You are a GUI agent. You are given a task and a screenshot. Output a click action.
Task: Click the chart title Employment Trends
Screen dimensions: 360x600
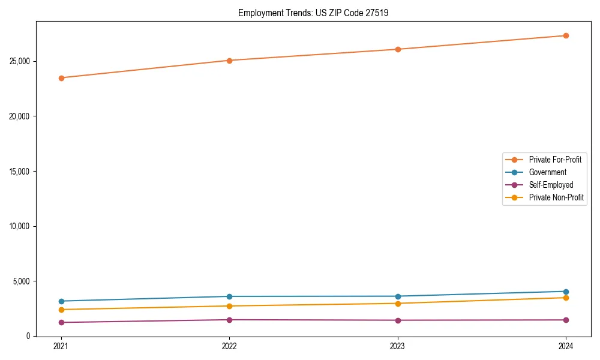pos(313,13)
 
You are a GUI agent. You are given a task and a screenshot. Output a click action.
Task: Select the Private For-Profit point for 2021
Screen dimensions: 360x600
pos(61,78)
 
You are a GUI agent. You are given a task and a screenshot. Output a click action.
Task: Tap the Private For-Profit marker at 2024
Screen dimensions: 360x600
pos(566,35)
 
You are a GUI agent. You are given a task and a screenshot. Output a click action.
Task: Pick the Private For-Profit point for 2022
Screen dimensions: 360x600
pos(229,61)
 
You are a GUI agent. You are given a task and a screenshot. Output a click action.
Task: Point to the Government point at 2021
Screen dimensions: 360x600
pos(61,301)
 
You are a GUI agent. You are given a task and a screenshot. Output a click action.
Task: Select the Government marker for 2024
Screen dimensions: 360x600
pos(566,292)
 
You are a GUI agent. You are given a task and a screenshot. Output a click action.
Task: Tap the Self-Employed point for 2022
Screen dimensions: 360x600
pos(229,320)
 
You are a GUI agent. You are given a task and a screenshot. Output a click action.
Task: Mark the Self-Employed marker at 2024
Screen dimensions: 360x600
pos(566,320)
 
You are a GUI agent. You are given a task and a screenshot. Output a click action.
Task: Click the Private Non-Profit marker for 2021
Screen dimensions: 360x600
pos(61,310)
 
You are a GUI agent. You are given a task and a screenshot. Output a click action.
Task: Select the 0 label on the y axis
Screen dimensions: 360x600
pos(28,336)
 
